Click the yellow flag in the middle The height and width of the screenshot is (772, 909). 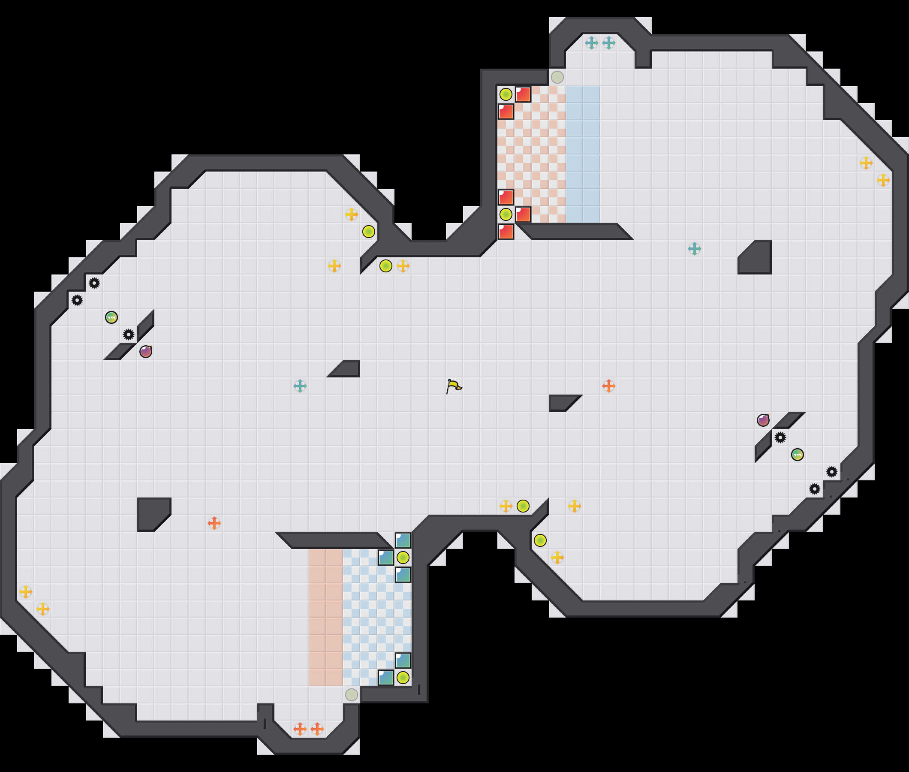(x=454, y=386)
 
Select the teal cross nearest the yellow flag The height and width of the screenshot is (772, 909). (x=300, y=386)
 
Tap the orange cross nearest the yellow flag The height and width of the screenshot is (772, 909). (x=608, y=386)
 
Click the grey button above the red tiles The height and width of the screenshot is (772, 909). (x=557, y=78)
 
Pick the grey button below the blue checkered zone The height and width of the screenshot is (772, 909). (x=351, y=694)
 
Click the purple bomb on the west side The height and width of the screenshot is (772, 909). (x=146, y=351)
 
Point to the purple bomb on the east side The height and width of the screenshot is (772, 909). (x=763, y=420)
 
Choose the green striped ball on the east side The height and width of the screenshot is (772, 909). (x=797, y=455)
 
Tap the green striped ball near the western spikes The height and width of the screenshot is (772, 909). (x=111, y=317)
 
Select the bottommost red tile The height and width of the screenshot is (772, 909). (x=506, y=232)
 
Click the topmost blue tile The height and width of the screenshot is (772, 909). (x=403, y=540)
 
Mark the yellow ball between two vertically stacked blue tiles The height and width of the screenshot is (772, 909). (x=403, y=558)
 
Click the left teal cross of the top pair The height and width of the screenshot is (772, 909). (x=591, y=43)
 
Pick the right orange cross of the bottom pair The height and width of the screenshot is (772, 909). (x=317, y=729)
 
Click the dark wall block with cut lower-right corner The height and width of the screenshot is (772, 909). (x=154, y=514)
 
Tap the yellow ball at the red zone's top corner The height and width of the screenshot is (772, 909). (x=506, y=94)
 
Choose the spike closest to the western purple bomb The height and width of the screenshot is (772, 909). (x=129, y=335)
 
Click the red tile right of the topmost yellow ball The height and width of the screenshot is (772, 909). (x=523, y=94)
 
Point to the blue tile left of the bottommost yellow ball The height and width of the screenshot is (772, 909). (x=386, y=678)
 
